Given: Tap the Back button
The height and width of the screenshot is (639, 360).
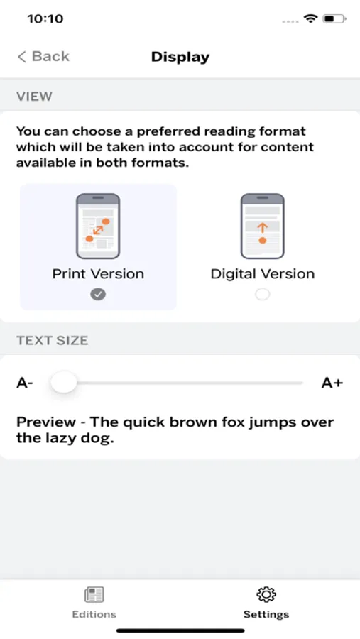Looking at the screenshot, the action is click(43, 56).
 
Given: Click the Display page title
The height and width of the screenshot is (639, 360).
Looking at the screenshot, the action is click(180, 57).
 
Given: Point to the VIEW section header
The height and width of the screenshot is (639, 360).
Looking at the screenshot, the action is click(34, 96).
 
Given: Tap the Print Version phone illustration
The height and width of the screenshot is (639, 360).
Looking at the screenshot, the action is click(98, 226).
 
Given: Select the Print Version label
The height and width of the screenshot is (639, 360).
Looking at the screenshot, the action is click(98, 274).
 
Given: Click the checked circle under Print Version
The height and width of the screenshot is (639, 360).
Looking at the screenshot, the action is click(98, 294).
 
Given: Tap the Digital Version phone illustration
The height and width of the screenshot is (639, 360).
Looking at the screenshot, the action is click(262, 226).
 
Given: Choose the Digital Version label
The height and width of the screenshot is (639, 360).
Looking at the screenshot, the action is click(262, 274).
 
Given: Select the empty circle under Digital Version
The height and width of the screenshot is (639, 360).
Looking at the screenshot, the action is click(262, 294).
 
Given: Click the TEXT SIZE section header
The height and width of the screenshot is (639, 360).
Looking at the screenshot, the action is click(52, 340).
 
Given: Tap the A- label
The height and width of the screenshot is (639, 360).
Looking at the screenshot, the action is click(24, 383).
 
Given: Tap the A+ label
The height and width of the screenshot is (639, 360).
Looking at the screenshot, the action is click(332, 383).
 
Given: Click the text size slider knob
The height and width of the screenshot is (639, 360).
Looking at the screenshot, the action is click(64, 382).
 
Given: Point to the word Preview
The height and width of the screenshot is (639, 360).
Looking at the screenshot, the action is click(46, 422).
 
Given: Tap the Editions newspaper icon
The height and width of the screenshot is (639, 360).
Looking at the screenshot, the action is click(94, 594).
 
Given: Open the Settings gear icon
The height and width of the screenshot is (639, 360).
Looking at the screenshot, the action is click(266, 594).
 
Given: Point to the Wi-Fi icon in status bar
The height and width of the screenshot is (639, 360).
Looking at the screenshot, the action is click(311, 18).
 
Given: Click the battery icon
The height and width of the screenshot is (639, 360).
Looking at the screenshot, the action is click(334, 18).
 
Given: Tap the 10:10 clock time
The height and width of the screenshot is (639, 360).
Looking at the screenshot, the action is click(45, 18).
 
